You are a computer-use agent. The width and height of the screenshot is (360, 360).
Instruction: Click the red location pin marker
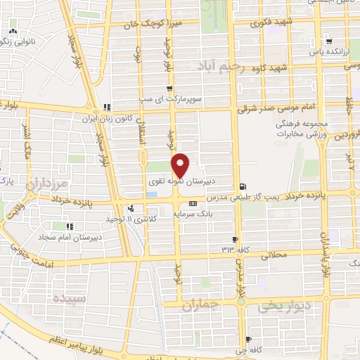tap(181, 165)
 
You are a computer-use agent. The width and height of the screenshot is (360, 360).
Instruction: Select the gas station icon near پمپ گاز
tap(243, 186)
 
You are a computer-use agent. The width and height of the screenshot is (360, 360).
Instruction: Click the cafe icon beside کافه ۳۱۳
tap(236, 239)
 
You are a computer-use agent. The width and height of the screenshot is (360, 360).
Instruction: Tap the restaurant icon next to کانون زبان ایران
tap(107, 107)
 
